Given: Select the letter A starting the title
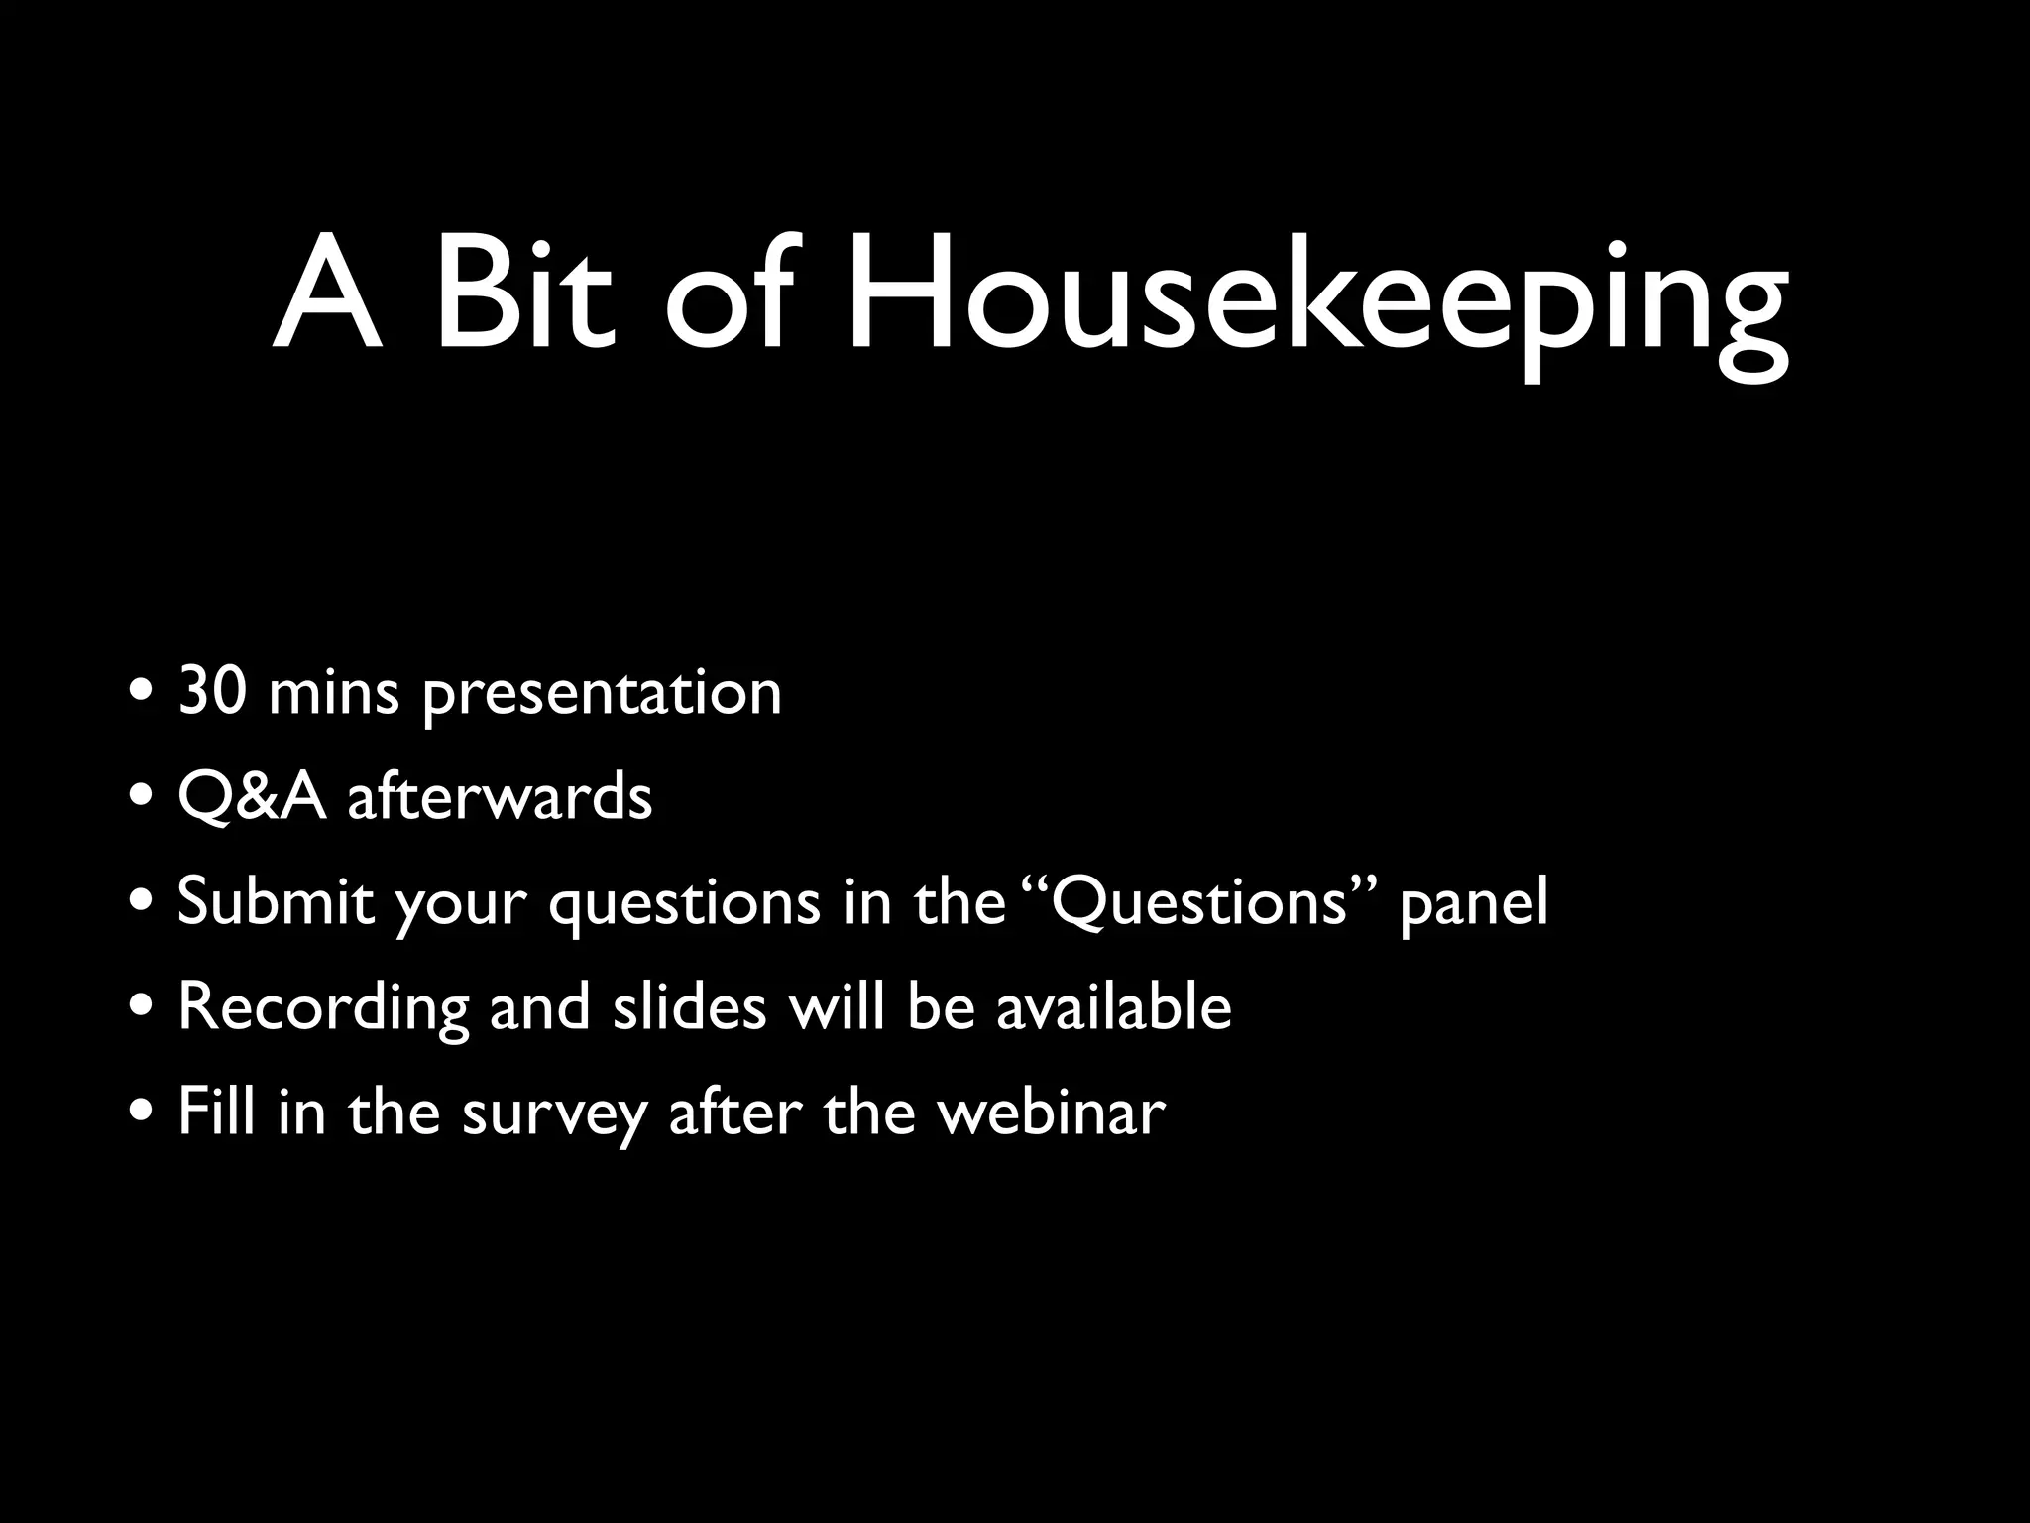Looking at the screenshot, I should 327,297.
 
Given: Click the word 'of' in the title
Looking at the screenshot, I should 729,297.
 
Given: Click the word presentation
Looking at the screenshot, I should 602,694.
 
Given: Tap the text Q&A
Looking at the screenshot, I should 252,797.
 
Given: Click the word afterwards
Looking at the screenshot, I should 500,797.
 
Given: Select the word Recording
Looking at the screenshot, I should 323,1009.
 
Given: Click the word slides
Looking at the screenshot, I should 689,1007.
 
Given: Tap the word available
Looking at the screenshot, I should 1113,1007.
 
